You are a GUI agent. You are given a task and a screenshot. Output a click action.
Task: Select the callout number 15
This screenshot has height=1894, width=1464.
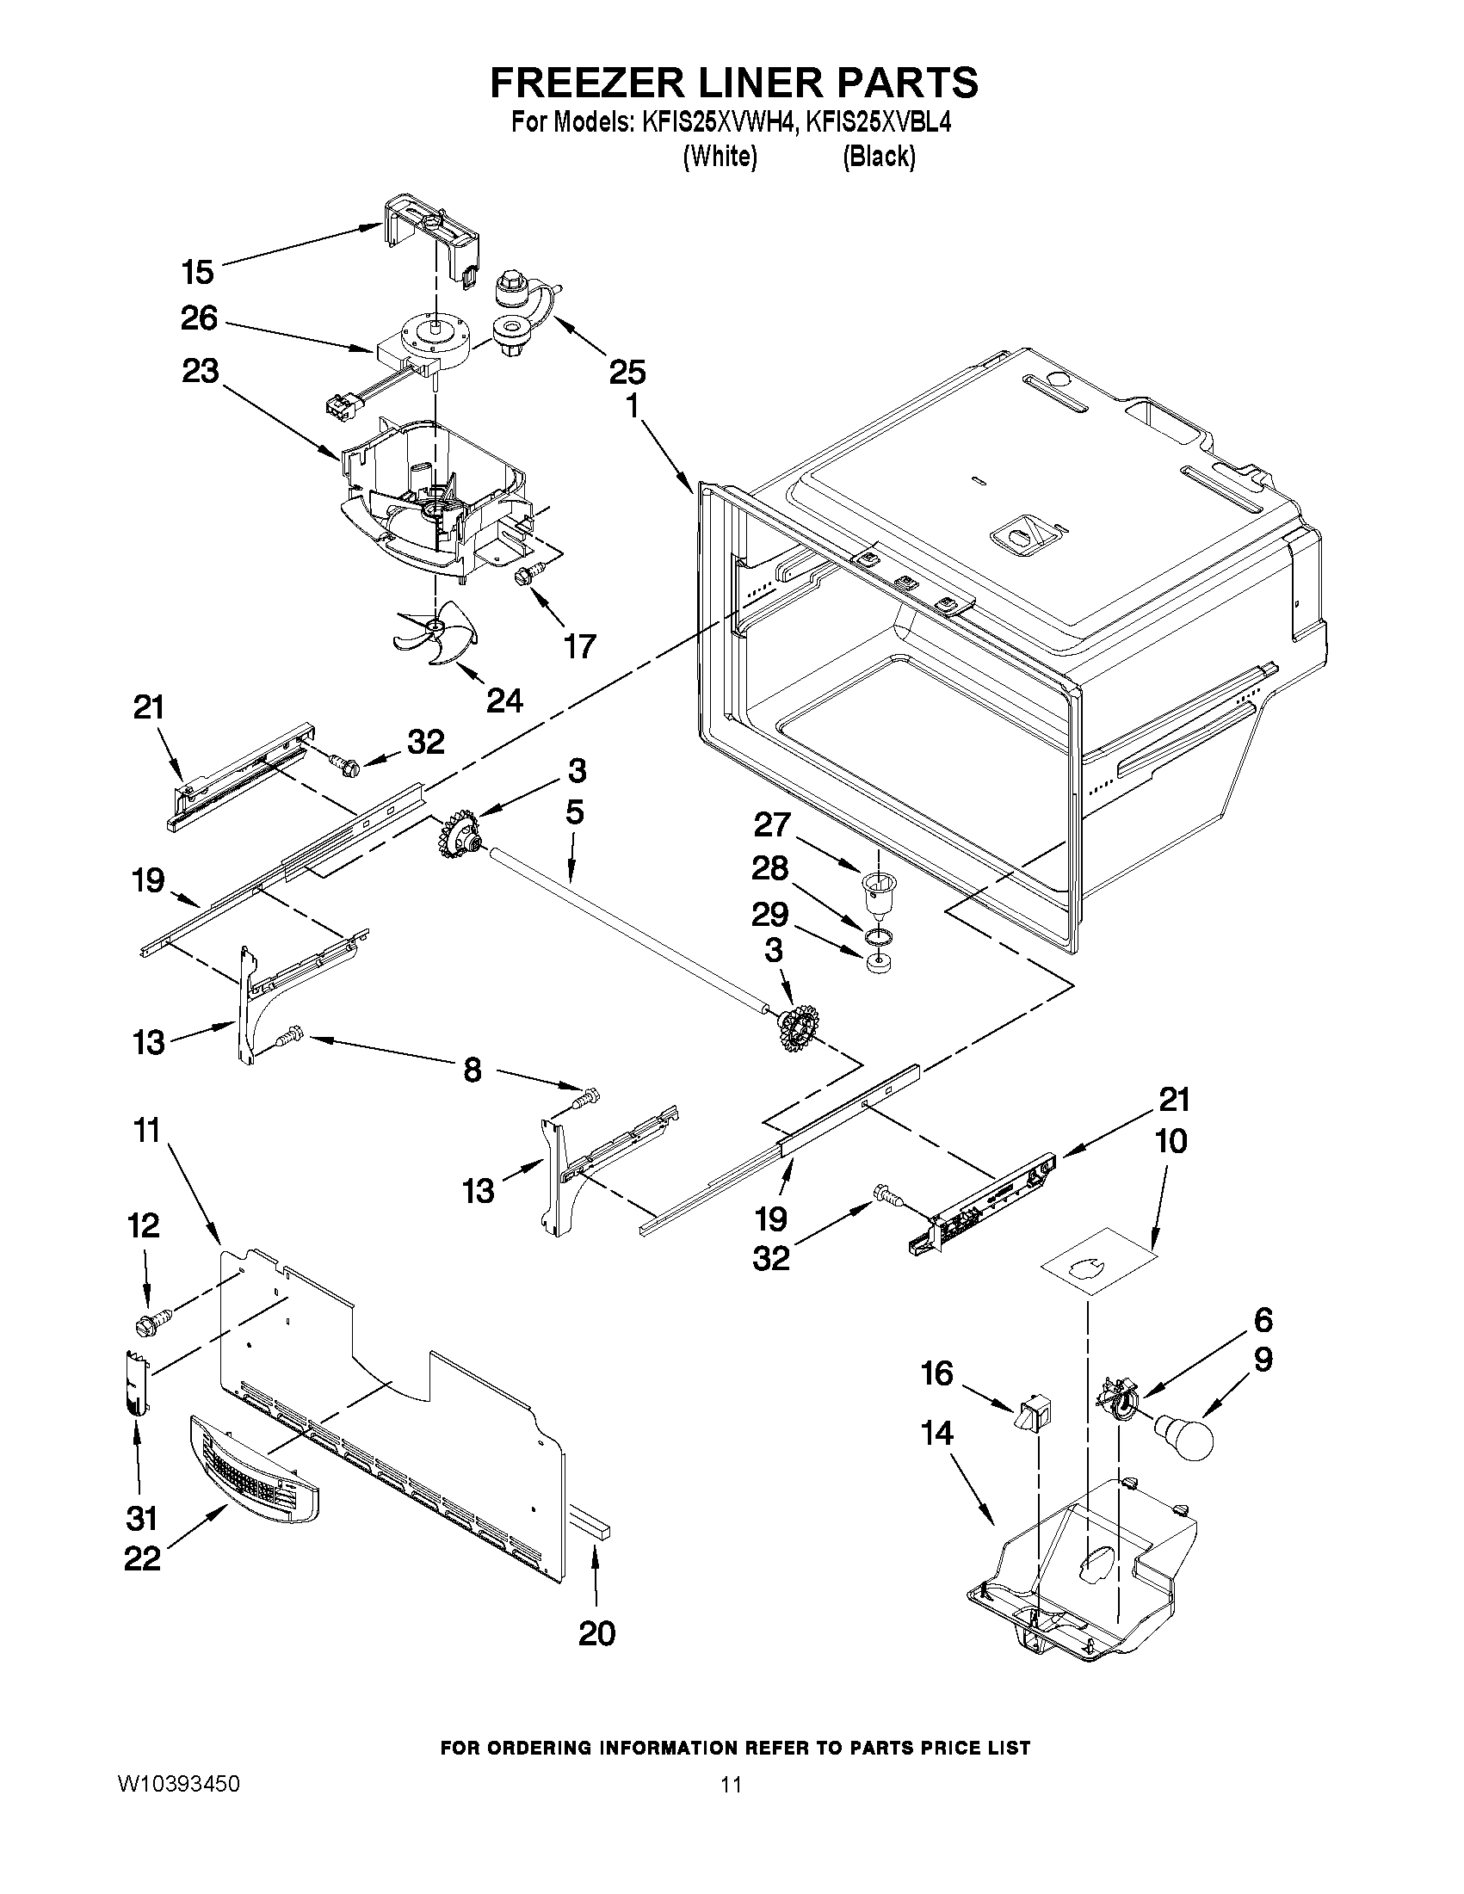coord(198,272)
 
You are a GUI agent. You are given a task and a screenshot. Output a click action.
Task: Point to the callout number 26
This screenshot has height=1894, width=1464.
coord(199,318)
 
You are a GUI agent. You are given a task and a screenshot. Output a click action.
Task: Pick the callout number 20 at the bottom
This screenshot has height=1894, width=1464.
coord(596,1633)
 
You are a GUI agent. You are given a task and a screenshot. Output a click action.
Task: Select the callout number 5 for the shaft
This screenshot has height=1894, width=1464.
coord(574,812)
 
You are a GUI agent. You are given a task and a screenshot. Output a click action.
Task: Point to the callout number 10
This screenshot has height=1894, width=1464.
coord(1171,1141)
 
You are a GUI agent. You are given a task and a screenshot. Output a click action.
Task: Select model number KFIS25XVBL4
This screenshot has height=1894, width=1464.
coord(879,124)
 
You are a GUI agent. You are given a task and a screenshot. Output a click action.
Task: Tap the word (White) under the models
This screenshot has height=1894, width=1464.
coord(720,157)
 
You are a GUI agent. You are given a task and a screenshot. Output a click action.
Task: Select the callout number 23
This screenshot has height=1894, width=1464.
coord(201,371)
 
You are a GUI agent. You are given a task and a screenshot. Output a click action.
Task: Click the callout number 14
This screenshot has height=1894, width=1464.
coord(936,1434)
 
